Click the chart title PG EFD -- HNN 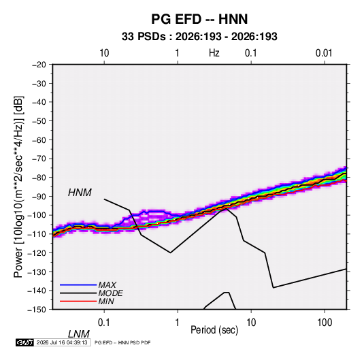coord(199,19)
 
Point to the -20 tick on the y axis coord(39,65)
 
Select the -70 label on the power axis coord(39,159)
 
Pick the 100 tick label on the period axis coord(325,323)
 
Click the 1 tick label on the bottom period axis coord(178,323)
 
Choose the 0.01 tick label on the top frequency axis coord(324,53)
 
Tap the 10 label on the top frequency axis coord(104,53)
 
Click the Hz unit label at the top coord(214,53)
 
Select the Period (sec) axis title coord(214,330)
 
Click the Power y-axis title coord(18,186)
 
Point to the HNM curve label coord(80,193)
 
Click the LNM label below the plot coord(78,334)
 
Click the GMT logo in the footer coord(25,342)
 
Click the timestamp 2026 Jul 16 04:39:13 coord(62,342)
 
